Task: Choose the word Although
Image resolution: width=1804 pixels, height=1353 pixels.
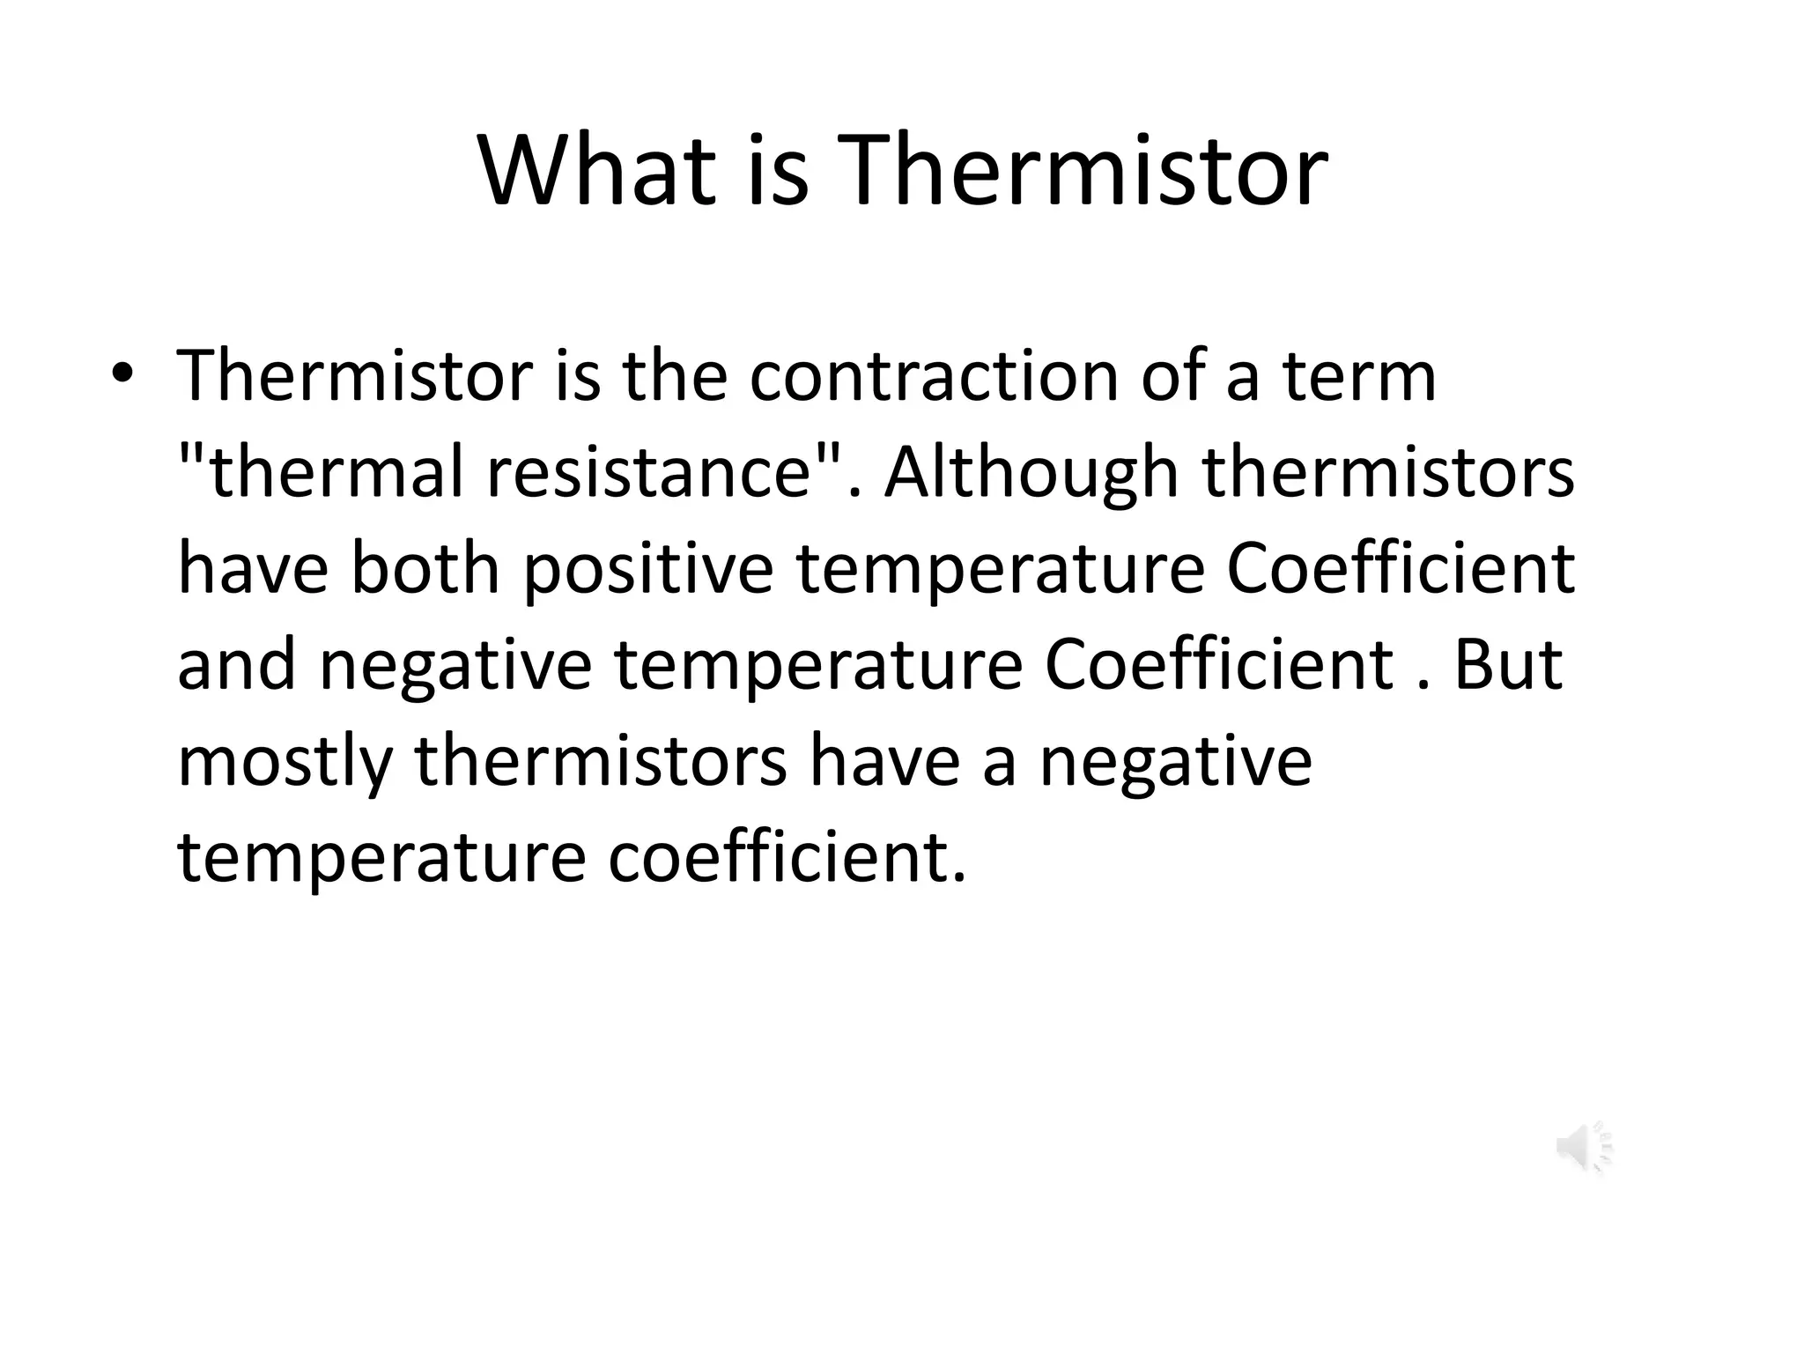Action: pos(1031,471)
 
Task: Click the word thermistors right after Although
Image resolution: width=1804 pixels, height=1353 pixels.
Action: pos(1388,471)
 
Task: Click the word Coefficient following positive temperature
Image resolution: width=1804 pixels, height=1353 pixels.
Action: pos(1401,567)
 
